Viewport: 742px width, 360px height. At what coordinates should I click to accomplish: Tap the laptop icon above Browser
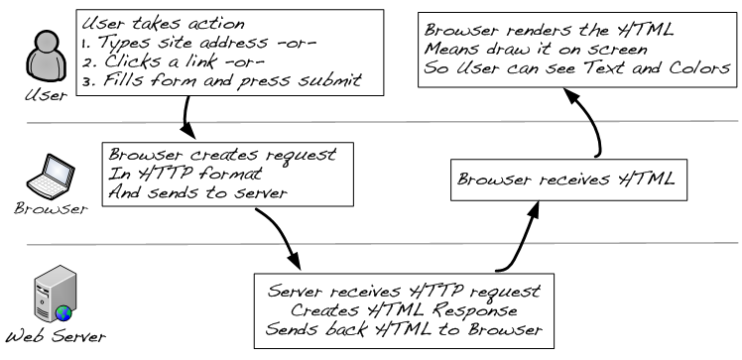(51, 177)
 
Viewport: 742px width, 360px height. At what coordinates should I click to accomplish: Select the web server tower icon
(55, 294)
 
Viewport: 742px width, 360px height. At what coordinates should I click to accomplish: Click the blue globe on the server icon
(63, 312)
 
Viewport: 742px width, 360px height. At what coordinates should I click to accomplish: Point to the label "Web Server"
(56, 337)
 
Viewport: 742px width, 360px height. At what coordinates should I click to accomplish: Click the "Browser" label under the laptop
(52, 208)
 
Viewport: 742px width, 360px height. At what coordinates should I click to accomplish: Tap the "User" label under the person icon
(47, 95)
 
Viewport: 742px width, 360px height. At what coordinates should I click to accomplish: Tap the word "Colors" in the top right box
(699, 68)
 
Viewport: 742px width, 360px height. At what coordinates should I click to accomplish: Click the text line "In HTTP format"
(185, 174)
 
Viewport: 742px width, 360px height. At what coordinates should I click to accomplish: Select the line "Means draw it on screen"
(536, 50)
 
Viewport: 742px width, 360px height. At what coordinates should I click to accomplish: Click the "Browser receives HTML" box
(568, 180)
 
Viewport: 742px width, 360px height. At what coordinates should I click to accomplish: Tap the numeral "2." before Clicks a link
(88, 61)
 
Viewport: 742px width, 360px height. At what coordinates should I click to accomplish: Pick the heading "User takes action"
(164, 23)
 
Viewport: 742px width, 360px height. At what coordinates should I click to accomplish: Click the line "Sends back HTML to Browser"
(404, 329)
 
